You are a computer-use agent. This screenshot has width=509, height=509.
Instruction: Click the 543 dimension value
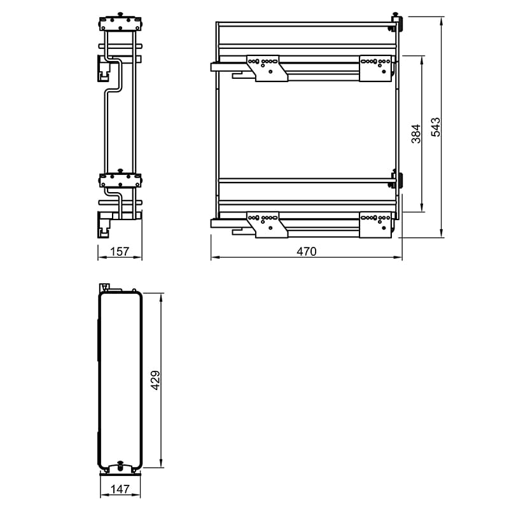(436, 127)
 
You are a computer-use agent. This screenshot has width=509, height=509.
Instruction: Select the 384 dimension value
(416, 134)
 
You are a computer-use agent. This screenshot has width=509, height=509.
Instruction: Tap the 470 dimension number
(307, 251)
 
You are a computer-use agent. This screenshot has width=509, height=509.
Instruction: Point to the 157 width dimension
(120, 251)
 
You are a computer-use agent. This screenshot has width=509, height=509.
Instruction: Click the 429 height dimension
(155, 380)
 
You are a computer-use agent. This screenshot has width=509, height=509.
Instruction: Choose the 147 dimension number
(120, 489)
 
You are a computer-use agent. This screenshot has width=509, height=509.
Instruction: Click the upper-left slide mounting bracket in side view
(267, 69)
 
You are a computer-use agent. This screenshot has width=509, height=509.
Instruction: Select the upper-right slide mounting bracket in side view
(375, 69)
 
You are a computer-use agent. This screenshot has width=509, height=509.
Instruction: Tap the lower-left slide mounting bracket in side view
(267, 225)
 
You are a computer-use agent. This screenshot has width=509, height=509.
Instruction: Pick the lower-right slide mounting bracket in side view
(375, 225)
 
